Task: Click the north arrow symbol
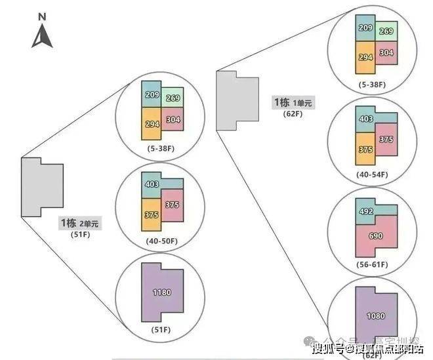coord(42,35)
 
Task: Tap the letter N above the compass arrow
coord(42,15)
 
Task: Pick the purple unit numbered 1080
coord(376,316)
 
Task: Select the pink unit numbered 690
coord(376,235)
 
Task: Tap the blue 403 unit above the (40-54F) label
coord(365,119)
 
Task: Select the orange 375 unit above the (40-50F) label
coord(150,214)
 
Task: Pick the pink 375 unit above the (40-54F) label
coord(386,140)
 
